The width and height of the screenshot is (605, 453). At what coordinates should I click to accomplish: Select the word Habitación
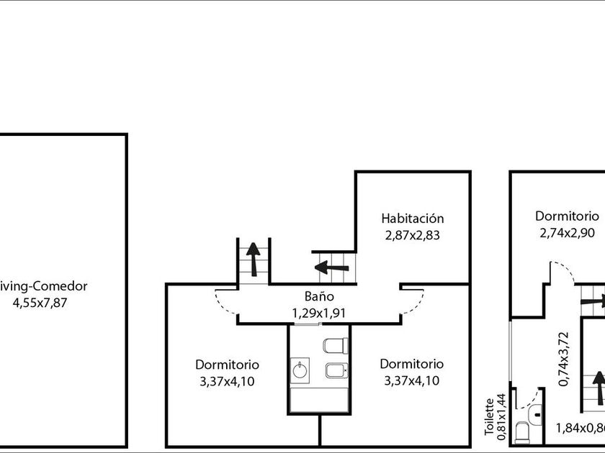(x=413, y=218)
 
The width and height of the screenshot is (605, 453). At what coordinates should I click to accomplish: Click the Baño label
(x=318, y=296)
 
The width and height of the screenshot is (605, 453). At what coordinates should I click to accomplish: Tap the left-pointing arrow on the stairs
(x=333, y=268)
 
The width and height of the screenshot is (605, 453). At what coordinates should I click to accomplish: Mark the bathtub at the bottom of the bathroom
(x=318, y=400)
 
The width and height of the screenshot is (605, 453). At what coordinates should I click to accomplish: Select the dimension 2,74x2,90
(x=566, y=232)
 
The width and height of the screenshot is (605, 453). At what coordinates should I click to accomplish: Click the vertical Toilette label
(x=490, y=417)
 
